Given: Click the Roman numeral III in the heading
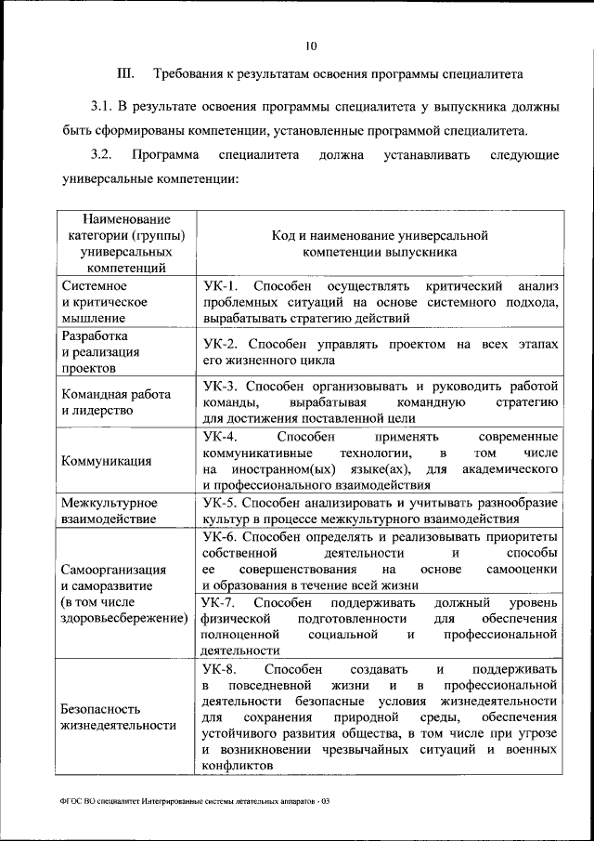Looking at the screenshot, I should tap(125, 73).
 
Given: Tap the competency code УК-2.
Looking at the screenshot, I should tap(220, 344).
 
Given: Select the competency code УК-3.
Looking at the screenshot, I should tap(220, 386).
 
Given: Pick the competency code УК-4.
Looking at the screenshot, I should tap(220, 437).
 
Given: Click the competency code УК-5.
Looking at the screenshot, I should tap(220, 503).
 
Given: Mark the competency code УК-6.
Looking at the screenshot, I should tap(220, 537).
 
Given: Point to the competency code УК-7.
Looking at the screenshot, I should tap(220, 603).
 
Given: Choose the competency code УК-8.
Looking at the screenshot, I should tap(220, 669).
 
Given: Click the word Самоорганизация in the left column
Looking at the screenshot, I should tap(113, 570).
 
